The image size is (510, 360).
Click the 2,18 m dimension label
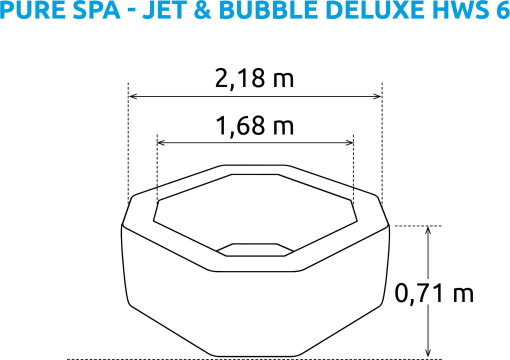[x=254, y=78]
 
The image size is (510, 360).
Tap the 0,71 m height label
[x=433, y=294]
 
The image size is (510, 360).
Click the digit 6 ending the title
[x=500, y=10]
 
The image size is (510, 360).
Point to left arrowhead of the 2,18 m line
[x=131, y=96]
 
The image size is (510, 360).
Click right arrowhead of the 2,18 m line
[x=379, y=96]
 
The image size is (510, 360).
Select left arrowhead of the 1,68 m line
[x=160, y=143]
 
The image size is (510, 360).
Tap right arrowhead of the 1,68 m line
[x=350, y=143]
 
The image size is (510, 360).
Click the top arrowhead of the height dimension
[x=428, y=229]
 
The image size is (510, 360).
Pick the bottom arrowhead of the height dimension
[x=428, y=354]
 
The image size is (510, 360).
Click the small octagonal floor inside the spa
[x=255, y=249]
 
